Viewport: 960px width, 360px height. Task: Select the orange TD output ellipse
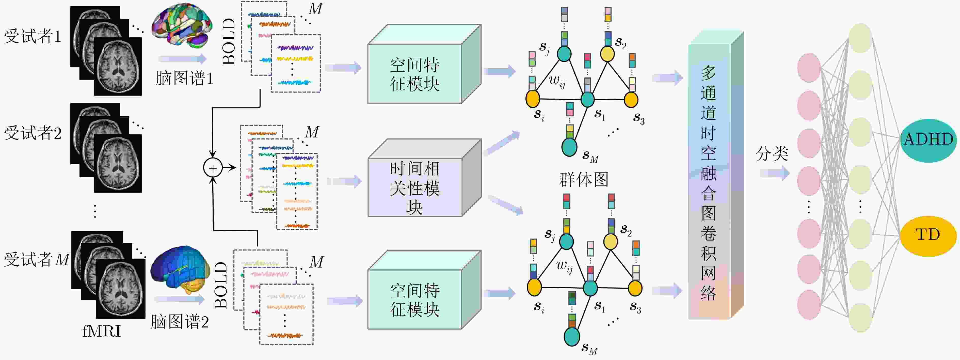928,236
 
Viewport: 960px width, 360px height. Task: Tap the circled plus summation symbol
213,168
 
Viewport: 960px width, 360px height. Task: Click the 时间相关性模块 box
424,178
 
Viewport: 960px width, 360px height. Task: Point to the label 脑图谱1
184,78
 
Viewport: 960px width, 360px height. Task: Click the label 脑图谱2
180,322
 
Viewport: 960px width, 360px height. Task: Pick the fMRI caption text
101,331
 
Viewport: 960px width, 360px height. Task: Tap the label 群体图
584,180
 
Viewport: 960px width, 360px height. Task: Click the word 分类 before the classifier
772,153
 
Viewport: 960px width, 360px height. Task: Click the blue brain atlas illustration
180,269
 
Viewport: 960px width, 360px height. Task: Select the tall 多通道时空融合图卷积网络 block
715,175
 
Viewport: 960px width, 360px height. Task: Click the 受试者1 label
33,36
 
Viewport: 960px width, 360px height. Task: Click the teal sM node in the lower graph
572,337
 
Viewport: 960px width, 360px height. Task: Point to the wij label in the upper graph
557,81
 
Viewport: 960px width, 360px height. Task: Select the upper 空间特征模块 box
424,64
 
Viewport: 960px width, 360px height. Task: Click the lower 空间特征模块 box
424,290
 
